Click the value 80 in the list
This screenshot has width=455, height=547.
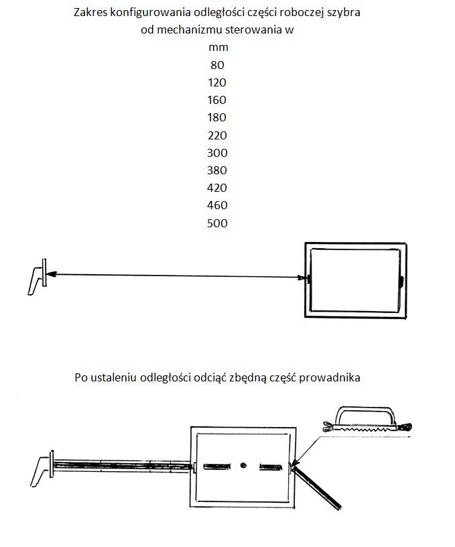point(217,65)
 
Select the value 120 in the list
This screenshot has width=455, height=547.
point(217,82)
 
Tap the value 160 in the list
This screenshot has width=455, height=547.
point(217,100)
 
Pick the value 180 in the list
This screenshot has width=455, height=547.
point(217,117)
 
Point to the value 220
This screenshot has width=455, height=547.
point(217,135)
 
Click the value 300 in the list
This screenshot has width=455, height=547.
point(217,152)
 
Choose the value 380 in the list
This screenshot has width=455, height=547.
point(217,170)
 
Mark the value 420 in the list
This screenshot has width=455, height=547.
point(217,188)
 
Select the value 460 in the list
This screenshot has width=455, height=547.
point(217,205)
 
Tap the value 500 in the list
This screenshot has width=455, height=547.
point(217,223)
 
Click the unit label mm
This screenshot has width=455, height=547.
point(218,48)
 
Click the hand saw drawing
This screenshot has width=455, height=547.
point(367,419)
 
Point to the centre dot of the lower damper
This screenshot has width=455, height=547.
point(243,465)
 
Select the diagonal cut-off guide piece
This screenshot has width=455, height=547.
point(317,488)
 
